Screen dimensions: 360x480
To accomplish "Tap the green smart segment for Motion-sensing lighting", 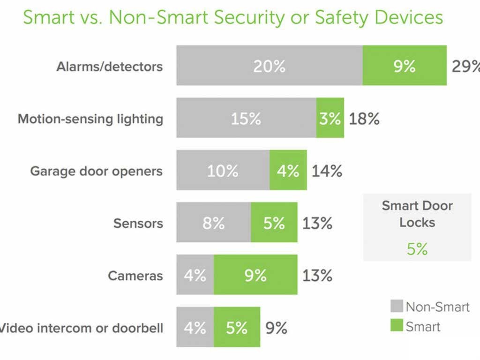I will click(x=330, y=118).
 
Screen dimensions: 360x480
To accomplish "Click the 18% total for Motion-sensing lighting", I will click(x=364, y=119).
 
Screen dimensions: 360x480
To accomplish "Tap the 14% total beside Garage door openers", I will click(x=327, y=171).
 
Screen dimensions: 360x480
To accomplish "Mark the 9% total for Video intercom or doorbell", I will click(x=277, y=328).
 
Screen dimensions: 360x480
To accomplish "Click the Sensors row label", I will click(x=138, y=223).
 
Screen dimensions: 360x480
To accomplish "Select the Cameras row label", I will click(x=135, y=275).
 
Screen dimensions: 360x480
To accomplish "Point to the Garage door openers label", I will click(x=97, y=171).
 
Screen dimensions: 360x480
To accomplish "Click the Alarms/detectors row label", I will click(x=110, y=66).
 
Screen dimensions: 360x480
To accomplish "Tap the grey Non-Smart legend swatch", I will click(x=396, y=307).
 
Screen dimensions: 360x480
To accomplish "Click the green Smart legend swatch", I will click(x=396, y=325).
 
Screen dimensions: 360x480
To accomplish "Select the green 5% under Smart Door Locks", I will click(x=417, y=249).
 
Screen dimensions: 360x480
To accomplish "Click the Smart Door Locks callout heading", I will click(x=417, y=213).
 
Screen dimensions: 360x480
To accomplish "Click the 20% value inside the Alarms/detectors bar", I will click(x=269, y=66).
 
